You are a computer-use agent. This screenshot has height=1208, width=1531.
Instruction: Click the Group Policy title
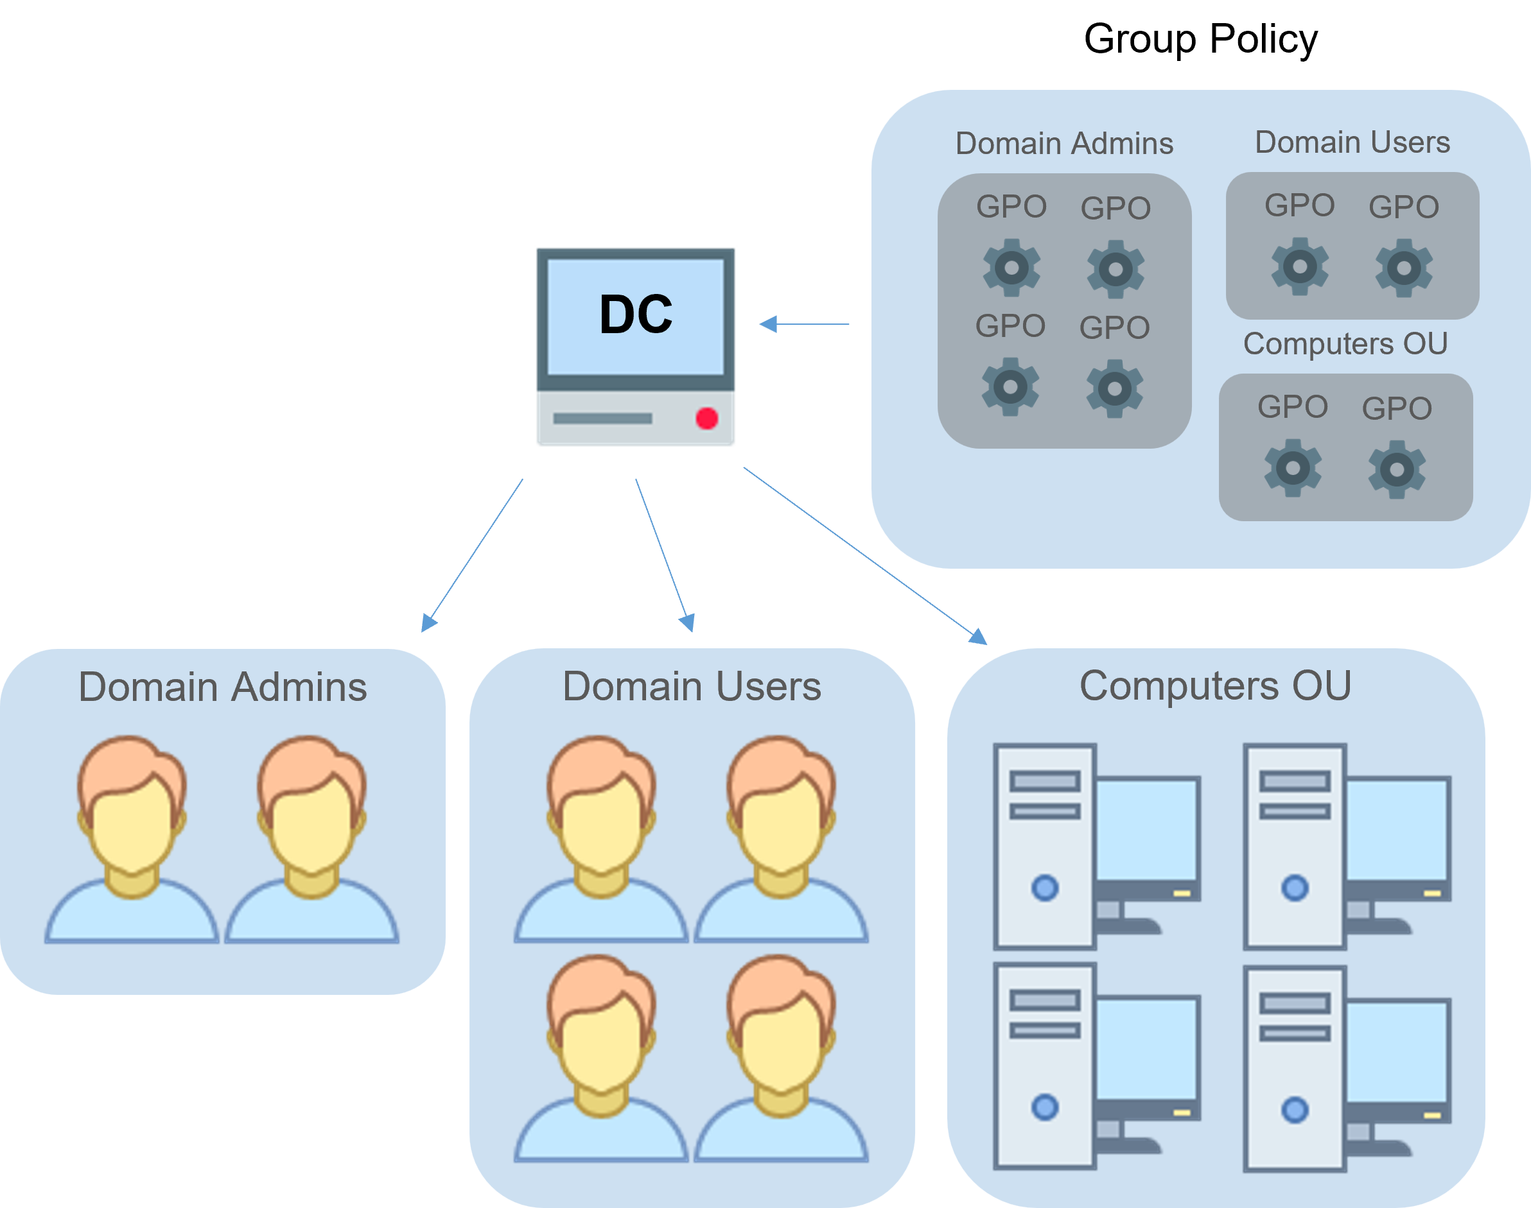click(1201, 40)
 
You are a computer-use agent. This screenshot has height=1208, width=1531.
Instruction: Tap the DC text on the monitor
click(635, 314)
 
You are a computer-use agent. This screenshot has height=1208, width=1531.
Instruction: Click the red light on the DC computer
click(707, 418)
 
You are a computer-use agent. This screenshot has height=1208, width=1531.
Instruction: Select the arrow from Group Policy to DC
click(803, 324)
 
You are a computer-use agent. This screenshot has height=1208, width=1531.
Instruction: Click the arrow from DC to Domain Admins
click(472, 555)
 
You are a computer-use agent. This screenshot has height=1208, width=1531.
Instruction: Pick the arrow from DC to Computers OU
click(865, 556)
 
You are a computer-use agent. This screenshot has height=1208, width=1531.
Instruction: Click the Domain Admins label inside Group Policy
click(1064, 144)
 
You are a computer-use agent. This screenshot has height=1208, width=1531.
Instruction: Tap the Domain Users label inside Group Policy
click(1352, 142)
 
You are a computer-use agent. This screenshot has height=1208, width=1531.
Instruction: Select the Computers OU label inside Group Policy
click(1345, 345)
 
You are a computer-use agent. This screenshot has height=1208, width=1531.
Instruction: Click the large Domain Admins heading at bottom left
click(223, 687)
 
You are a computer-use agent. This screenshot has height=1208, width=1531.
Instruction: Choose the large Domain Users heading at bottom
click(692, 686)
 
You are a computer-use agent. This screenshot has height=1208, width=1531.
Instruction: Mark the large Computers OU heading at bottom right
click(1216, 686)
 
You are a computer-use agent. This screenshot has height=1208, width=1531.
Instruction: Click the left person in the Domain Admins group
click(132, 839)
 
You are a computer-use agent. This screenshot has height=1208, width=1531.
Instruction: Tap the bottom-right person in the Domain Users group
click(781, 1058)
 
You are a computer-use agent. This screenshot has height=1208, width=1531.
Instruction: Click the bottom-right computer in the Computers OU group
click(1348, 1069)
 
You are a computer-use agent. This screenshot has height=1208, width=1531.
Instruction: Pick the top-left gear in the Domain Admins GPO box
click(1011, 268)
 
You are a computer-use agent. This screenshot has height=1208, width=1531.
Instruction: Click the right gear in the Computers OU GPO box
click(1397, 470)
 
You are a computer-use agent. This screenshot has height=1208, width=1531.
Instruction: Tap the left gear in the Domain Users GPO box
click(1300, 266)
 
